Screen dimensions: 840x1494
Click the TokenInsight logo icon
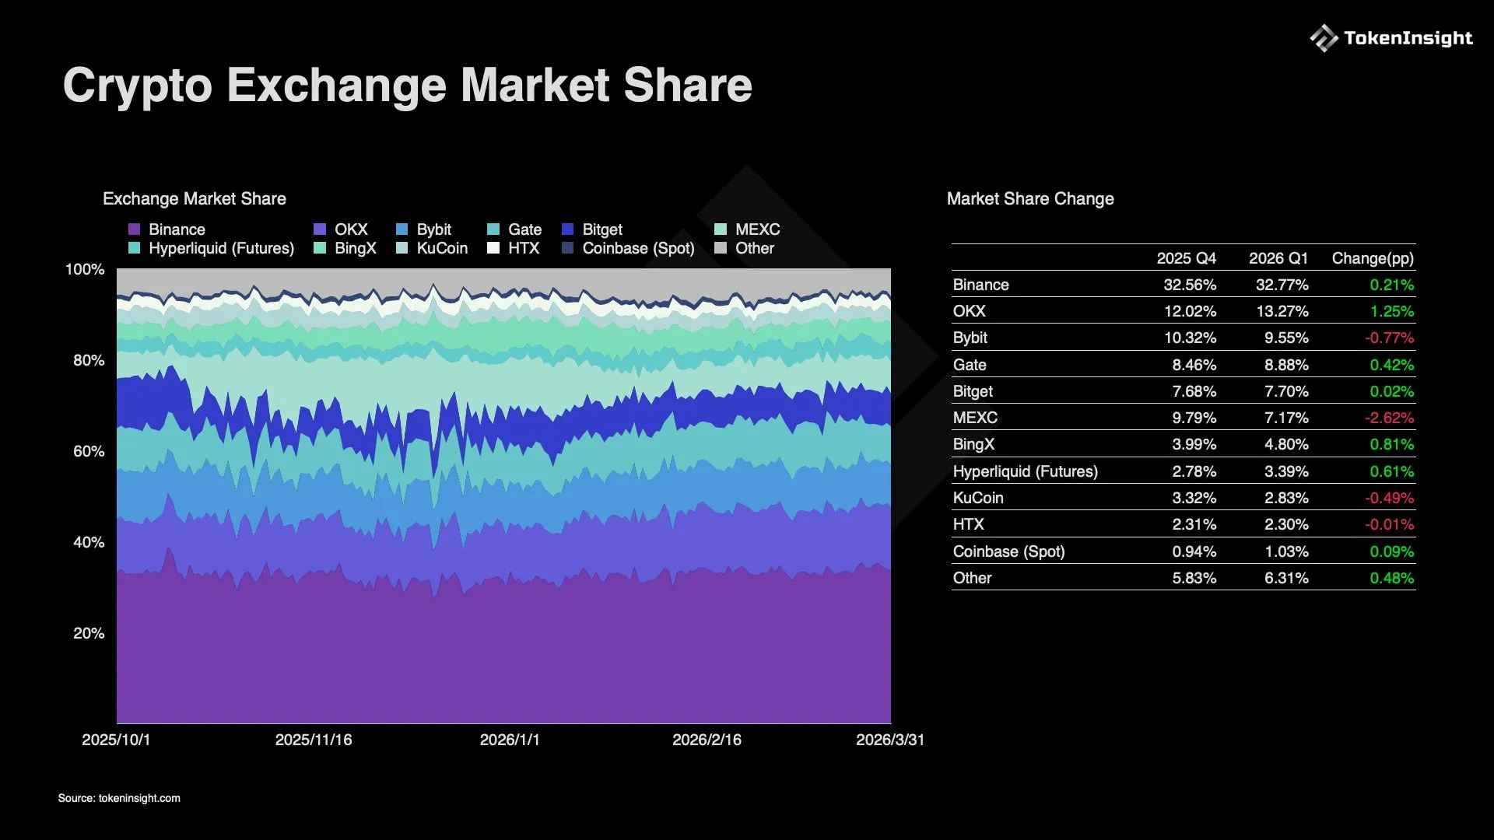[x=1324, y=38]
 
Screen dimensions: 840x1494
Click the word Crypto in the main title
[x=137, y=85]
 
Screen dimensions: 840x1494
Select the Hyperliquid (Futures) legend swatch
[x=134, y=248]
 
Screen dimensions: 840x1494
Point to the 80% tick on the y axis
[x=89, y=360]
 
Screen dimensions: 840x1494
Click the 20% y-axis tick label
[x=89, y=633]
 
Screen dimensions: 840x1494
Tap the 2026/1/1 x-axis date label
[x=510, y=740]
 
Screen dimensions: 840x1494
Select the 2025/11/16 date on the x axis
[x=314, y=740]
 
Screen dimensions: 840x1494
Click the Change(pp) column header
[x=1373, y=258]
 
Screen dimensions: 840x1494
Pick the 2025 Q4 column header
[x=1186, y=258]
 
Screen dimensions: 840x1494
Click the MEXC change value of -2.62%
[x=1389, y=418]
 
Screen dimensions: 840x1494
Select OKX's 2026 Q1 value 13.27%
[x=1282, y=311]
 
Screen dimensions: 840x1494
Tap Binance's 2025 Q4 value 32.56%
[x=1190, y=285]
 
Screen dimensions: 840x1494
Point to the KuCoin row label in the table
[x=978, y=498]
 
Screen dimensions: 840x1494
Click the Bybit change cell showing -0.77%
[x=1389, y=338]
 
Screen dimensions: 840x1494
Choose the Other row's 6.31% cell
[x=1286, y=578]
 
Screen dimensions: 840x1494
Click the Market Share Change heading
[x=1030, y=199]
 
